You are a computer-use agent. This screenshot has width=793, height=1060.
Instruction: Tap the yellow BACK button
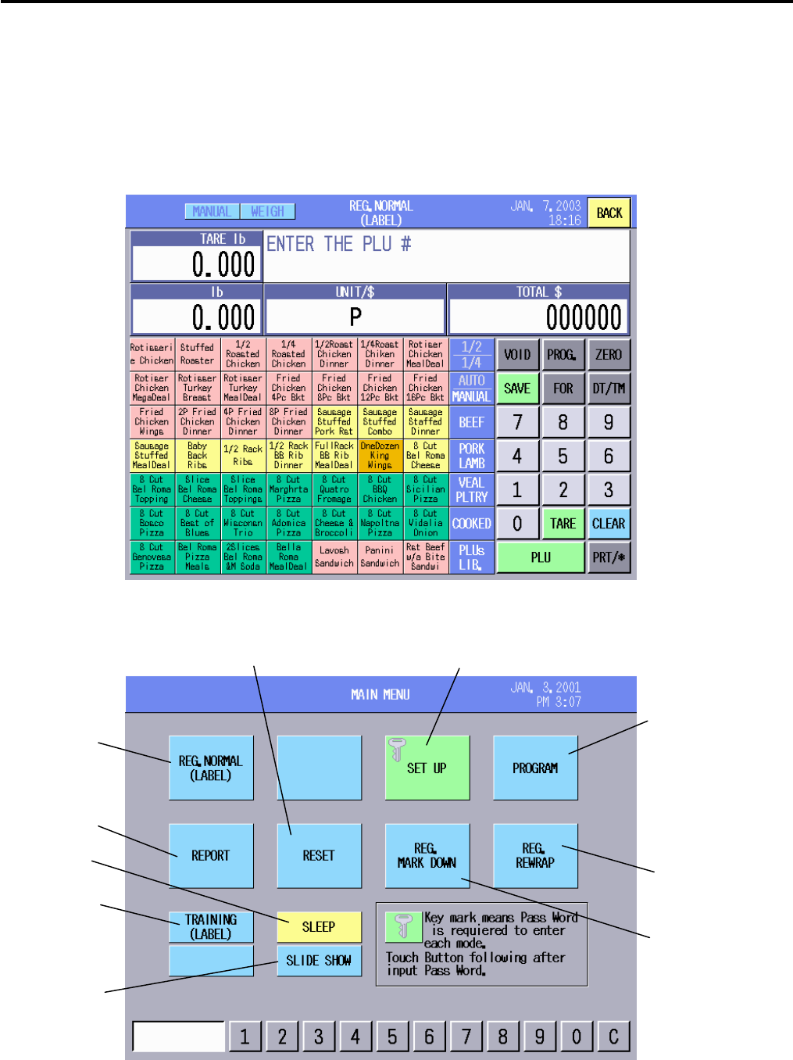click(609, 213)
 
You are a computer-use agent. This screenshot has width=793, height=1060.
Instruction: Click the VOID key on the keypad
click(517, 354)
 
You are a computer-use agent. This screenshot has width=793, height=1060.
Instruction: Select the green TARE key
click(563, 524)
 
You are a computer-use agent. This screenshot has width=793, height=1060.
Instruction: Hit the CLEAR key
click(609, 524)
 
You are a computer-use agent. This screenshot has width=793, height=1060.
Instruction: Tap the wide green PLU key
click(541, 557)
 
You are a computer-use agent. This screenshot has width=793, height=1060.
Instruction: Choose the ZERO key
click(609, 354)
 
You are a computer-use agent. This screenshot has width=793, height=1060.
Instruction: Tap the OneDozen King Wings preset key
click(380, 456)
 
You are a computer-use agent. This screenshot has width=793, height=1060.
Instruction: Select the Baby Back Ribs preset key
click(197, 456)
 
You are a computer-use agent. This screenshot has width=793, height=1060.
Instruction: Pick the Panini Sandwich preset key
click(380, 557)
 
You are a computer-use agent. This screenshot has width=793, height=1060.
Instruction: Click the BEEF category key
click(472, 422)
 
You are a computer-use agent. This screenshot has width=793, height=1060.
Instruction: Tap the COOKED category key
click(472, 524)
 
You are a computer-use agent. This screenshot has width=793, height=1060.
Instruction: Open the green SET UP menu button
click(427, 768)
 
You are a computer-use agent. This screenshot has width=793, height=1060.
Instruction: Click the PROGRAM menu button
click(535, 768)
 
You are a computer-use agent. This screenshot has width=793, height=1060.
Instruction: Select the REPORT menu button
click(211, 855)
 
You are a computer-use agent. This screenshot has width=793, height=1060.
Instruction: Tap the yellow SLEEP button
click(319, 927)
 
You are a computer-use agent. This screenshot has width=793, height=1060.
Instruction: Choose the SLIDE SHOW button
click(319, 961)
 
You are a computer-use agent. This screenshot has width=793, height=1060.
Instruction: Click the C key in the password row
click(613, 1037)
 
